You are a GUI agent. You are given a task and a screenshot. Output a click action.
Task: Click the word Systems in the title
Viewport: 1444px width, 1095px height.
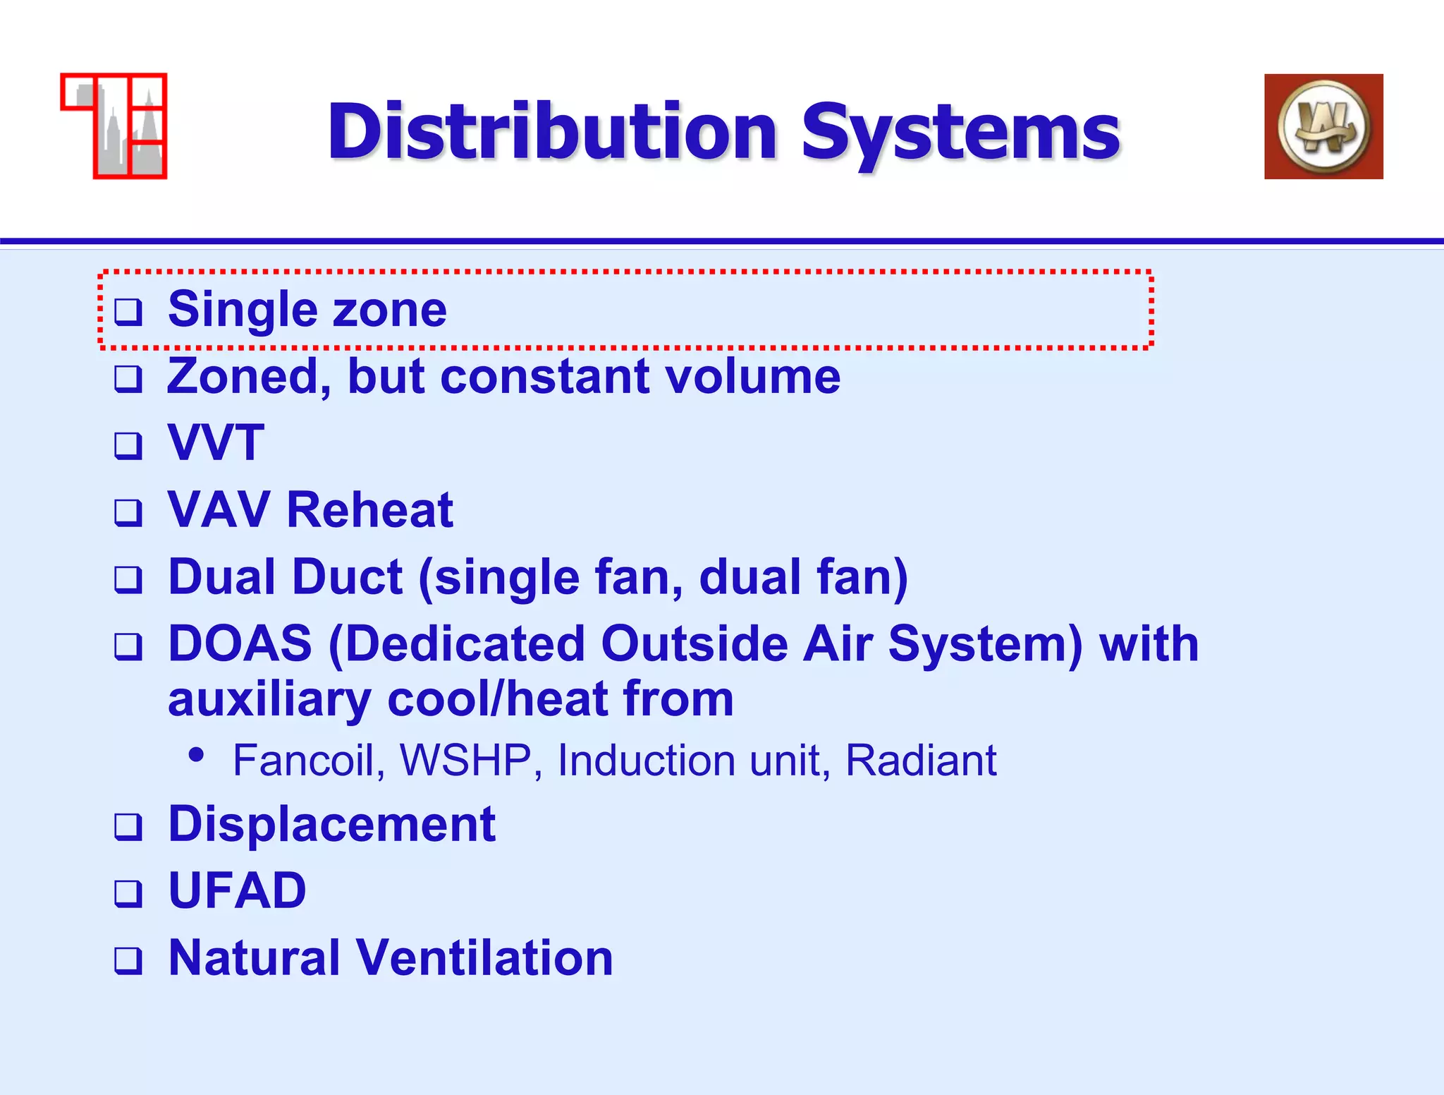pos(960,132)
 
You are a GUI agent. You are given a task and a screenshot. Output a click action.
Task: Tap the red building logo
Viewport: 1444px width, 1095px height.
pos(114,126)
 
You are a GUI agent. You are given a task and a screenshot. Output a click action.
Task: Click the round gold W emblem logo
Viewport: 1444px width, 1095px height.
pos(1323,127)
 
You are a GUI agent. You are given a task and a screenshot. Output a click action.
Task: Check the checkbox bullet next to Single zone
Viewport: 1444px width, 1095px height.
pos(128,311)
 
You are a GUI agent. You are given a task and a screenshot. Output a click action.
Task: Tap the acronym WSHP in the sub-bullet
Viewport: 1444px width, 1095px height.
pos(465,761)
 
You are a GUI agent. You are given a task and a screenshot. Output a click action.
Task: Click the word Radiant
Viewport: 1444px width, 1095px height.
pos(920,761)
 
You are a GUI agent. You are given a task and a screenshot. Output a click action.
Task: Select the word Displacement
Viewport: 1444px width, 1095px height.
pos(331,824)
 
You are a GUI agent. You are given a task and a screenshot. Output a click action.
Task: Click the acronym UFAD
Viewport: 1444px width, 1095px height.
pos(238,890)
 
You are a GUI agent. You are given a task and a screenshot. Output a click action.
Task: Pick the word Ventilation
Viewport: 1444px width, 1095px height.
pos(484,957)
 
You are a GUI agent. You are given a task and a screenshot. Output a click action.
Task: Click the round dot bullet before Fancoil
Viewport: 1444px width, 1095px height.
pos(197,755)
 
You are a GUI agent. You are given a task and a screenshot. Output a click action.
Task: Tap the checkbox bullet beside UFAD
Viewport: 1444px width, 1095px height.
pos(128,893)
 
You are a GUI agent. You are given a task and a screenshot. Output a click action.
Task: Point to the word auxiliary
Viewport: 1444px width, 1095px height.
pos(269,700)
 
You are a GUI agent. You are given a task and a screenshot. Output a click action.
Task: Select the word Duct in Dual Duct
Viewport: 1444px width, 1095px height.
pos(346,576)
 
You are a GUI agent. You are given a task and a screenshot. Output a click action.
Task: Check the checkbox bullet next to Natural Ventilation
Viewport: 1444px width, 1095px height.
pos(128,960)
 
